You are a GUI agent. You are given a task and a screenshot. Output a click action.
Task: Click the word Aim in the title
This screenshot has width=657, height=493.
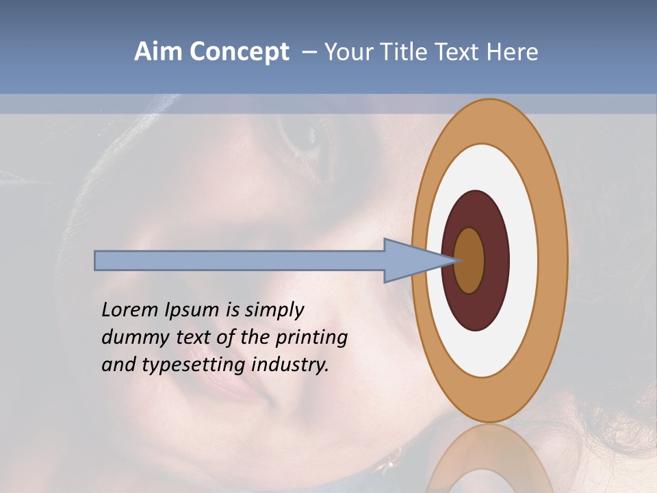(x=158, y=52)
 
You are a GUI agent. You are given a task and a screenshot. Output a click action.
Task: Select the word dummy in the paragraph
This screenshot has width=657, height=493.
(x=132, y=338)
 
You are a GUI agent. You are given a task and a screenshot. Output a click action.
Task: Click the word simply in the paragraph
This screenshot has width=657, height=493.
(x=274, y=310)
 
